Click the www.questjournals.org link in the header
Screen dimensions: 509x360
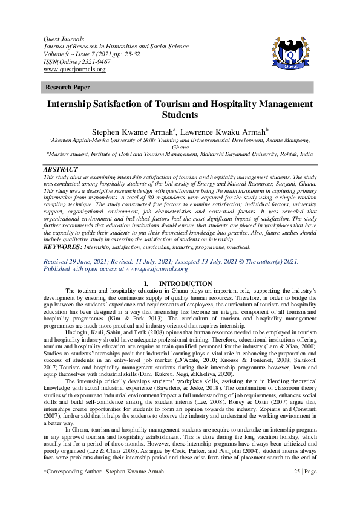tap(74, 70)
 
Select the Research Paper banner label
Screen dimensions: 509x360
tap(65, 88)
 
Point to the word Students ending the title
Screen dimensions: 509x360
tap(180, 114)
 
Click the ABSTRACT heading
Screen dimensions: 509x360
tap(61, 170)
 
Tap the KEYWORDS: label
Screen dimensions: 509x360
tap(66, 247)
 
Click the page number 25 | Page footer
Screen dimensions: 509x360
tap(301, 487)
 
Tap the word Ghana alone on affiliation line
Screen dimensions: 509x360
tap(180, 147)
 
